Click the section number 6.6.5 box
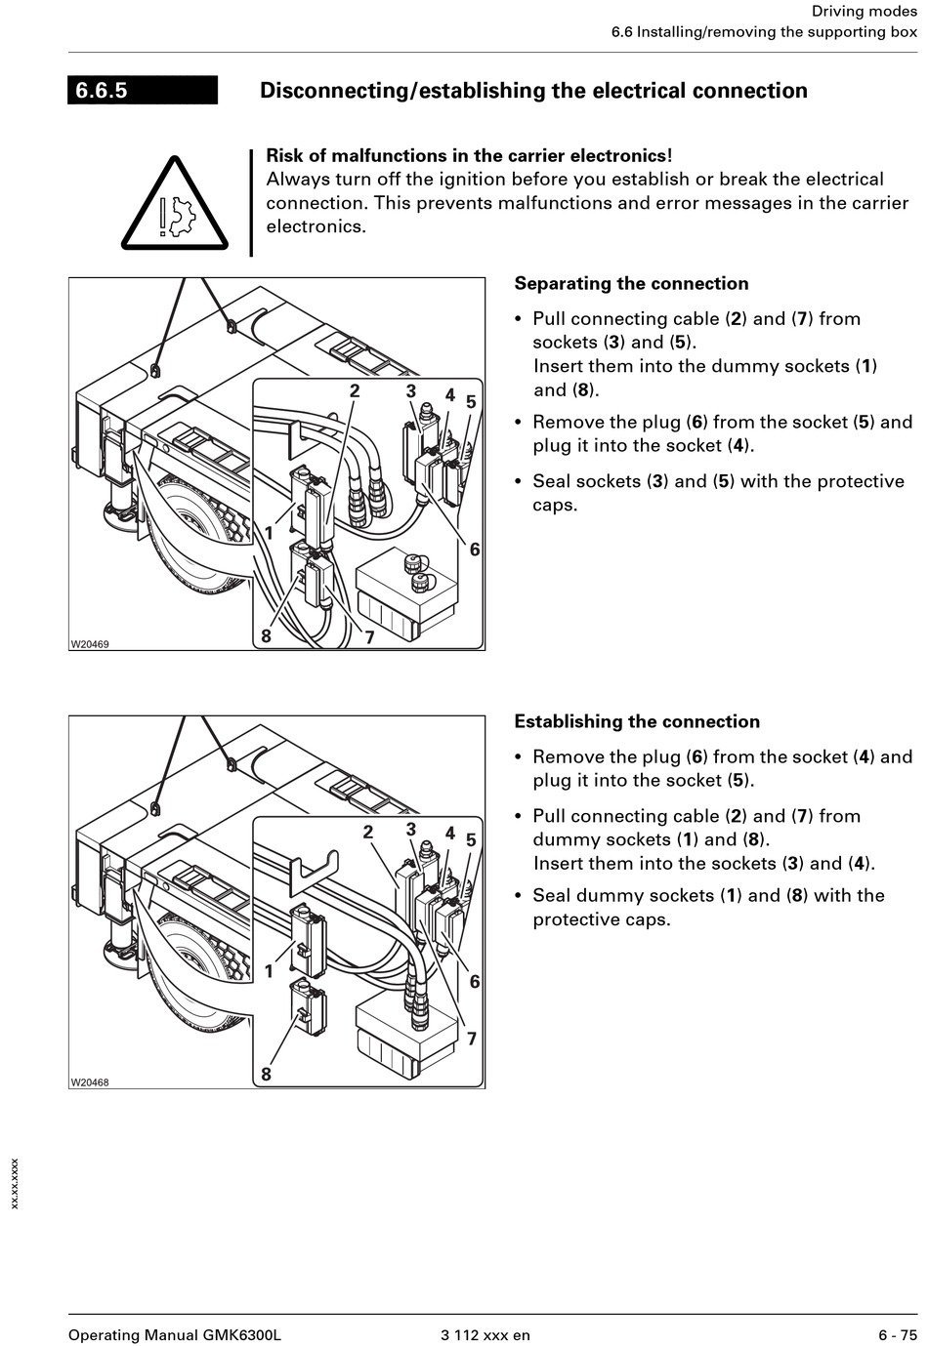click(142, 91)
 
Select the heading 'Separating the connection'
click(631, 284)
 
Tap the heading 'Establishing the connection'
click(636, 722)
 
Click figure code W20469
click(90, 644)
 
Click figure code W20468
click(90, 1082)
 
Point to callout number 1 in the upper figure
click(270, 533)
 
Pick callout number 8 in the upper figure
click(266, 637)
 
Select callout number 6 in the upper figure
click(475, 550)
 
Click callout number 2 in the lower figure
click(368, 832)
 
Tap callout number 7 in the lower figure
click(471, 1039)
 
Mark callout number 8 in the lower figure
click(266, 1075)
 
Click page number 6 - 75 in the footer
click(898, 1335)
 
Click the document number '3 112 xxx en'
click(485, 1335)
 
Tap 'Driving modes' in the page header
click(865, 12)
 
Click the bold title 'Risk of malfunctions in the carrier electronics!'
click(469, 156)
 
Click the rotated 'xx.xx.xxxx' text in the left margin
click(15, 1184)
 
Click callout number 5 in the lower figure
click(471, 839)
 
